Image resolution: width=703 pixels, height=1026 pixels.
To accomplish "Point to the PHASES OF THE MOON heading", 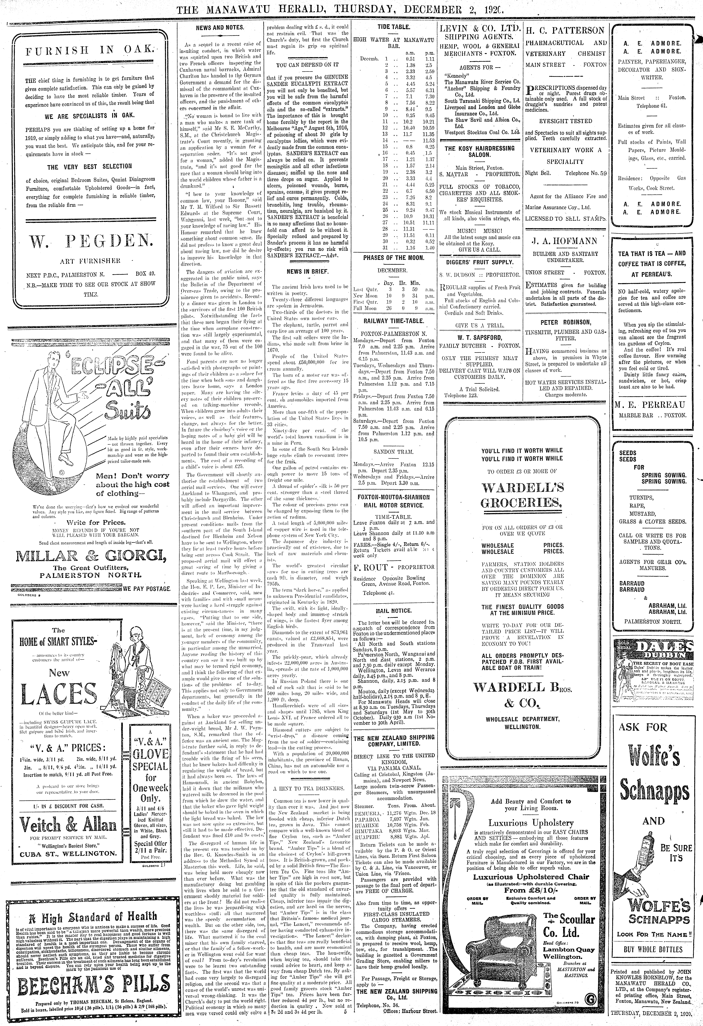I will click(x=394, y=258).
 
